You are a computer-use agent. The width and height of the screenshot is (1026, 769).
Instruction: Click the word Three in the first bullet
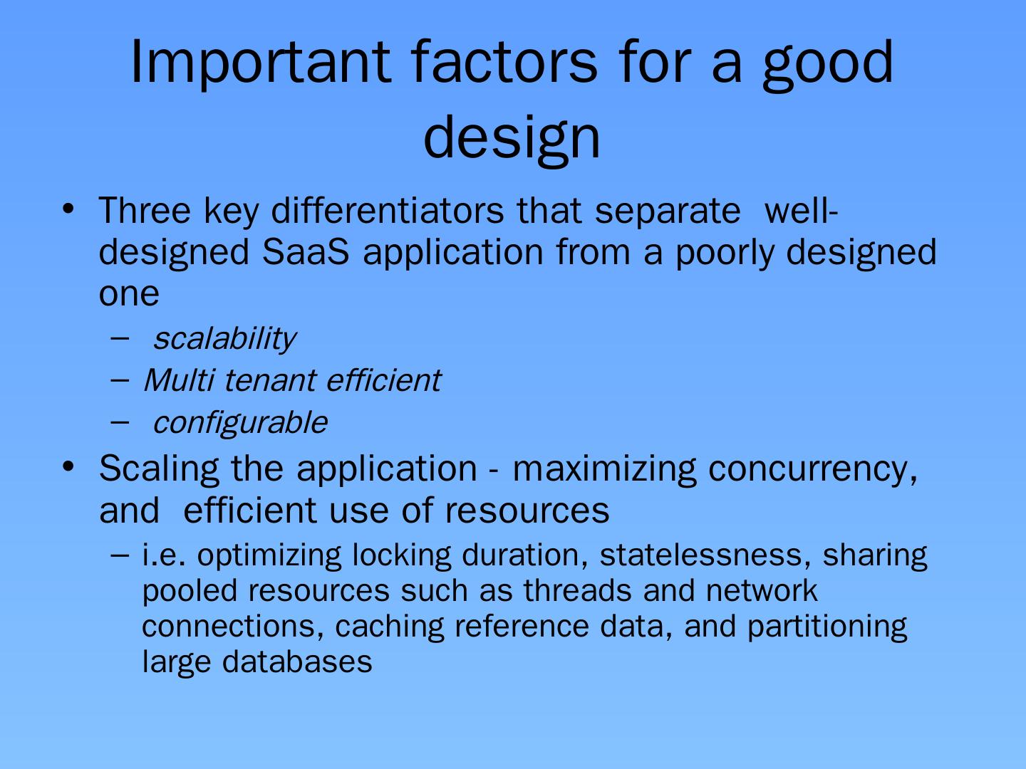145,211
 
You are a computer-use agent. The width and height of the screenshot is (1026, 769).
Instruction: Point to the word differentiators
388,211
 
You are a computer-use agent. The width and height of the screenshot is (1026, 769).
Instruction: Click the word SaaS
305,252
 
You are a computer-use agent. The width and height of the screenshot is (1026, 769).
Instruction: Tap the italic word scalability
224,338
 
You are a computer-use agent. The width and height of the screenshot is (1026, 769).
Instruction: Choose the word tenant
270,381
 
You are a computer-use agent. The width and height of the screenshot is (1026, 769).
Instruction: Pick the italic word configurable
240,423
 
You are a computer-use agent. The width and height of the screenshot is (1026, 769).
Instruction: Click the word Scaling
159,469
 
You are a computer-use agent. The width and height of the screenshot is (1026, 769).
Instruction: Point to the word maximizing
604,469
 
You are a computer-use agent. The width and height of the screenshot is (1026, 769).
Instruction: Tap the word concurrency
813,471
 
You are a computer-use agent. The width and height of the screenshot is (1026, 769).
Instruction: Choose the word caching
389,628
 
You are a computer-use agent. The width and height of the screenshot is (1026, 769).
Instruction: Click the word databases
297,661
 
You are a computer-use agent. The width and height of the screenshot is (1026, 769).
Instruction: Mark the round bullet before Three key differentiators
68,209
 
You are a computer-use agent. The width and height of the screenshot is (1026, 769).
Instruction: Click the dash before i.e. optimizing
120,555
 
